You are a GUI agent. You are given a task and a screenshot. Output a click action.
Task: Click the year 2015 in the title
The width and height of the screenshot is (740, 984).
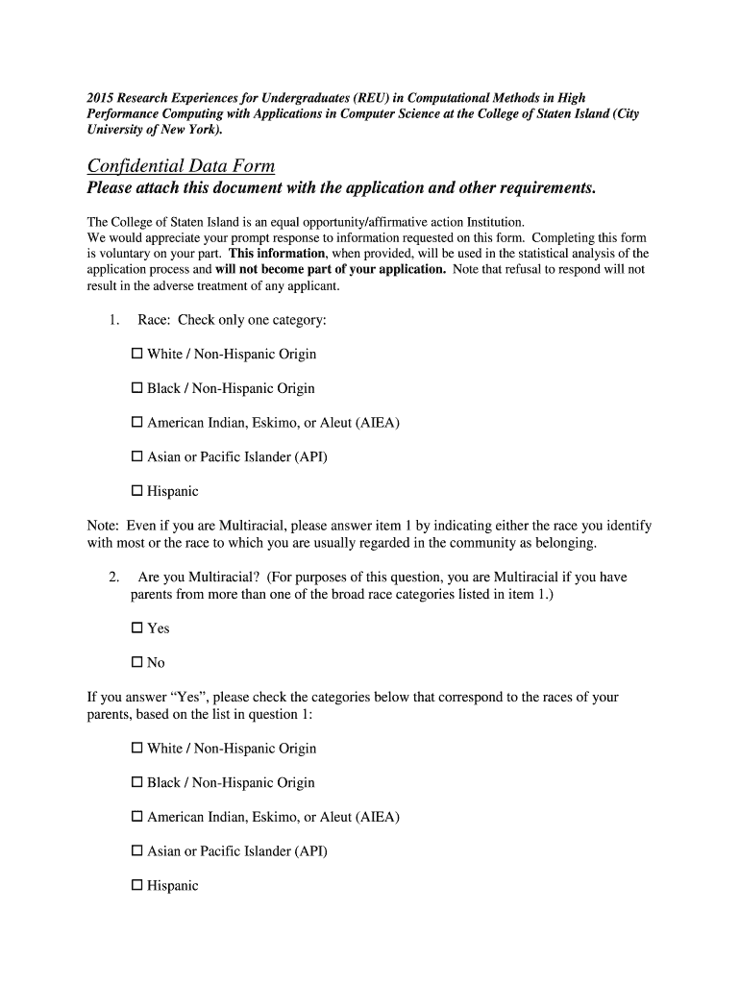101,98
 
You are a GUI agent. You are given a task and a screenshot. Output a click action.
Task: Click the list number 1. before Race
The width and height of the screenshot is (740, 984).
113,320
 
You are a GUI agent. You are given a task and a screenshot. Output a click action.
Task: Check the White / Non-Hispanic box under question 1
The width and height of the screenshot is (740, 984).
136,355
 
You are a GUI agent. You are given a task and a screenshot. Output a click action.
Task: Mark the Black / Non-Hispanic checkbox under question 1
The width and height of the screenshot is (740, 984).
136,389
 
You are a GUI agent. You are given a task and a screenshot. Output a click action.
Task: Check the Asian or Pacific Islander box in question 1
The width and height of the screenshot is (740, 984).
136,457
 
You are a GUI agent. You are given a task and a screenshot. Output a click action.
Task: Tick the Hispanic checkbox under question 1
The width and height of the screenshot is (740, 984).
136,492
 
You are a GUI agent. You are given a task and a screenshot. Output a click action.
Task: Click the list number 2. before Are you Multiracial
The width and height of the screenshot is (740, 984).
113,578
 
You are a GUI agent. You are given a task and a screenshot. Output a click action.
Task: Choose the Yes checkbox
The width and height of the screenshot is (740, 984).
136,628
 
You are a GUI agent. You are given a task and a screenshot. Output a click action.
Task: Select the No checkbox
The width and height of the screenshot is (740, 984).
136,663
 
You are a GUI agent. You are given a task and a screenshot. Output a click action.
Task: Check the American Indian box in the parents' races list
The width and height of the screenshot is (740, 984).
136,818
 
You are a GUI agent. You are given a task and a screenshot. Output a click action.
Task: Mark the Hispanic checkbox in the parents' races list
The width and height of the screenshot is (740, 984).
136,886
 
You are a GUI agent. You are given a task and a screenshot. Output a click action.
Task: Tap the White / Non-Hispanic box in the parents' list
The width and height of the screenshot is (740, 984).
136,749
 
